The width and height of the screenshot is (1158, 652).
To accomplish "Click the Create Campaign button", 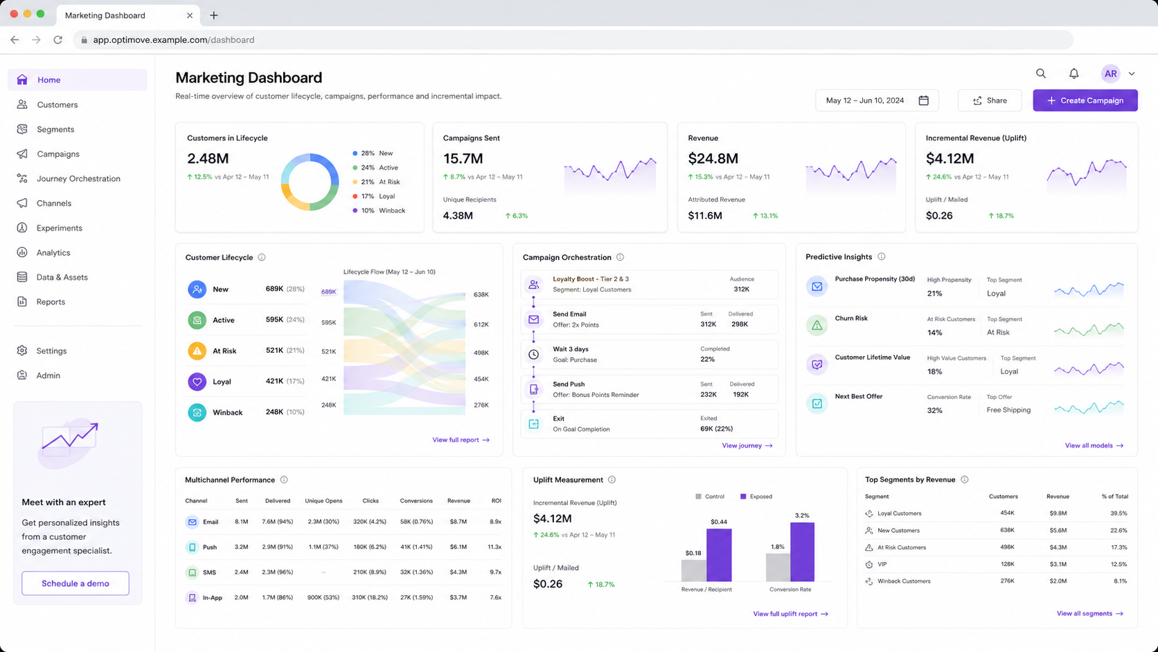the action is pyautogui.click(x=1085, y=100).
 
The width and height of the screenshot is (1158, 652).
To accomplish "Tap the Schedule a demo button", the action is pyautogui.click(x=75, y=583).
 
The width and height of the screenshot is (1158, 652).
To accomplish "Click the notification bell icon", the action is pyautogui.click(x=1074, y=73).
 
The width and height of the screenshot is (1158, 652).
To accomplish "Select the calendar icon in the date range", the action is pyautogui.click(x=923, y=100).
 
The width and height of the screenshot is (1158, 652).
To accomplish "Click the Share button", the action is pyautogui.click(x=990, y=100).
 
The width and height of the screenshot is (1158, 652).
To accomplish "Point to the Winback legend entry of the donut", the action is pyautogui.click(x=379, y=211).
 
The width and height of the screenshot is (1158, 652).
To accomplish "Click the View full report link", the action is pyautogui.click(x=461, y=440).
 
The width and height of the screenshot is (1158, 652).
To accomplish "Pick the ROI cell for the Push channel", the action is pyautogui.click(x=495, y=547).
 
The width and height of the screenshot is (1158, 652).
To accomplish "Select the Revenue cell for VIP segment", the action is pyautogui.click(x=1058, y=564).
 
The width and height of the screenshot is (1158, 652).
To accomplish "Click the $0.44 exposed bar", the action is pyautogui.click(x=719, y=555).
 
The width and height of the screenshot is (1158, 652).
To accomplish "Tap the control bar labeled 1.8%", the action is pyautogui.click(x=778, y=567).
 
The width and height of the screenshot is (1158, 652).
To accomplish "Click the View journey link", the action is pyautogui.click(x=747, y=446).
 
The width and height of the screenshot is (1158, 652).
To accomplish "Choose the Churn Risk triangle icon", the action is pyautogui.click(x=817, y=325).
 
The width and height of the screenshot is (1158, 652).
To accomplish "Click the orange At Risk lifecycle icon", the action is pyautogui.click(x=197, y=351).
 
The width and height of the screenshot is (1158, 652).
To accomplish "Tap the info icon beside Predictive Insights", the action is pyautogui.click(x=882, y=256).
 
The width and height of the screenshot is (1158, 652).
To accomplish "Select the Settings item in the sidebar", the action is pyautogui.click(x=51, y=351).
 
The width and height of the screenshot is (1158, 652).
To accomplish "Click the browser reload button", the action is pyautogui.click(x=58, y=39).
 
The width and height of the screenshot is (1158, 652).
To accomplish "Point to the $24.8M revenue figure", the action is pyautogui.click(x=713, y=158).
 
